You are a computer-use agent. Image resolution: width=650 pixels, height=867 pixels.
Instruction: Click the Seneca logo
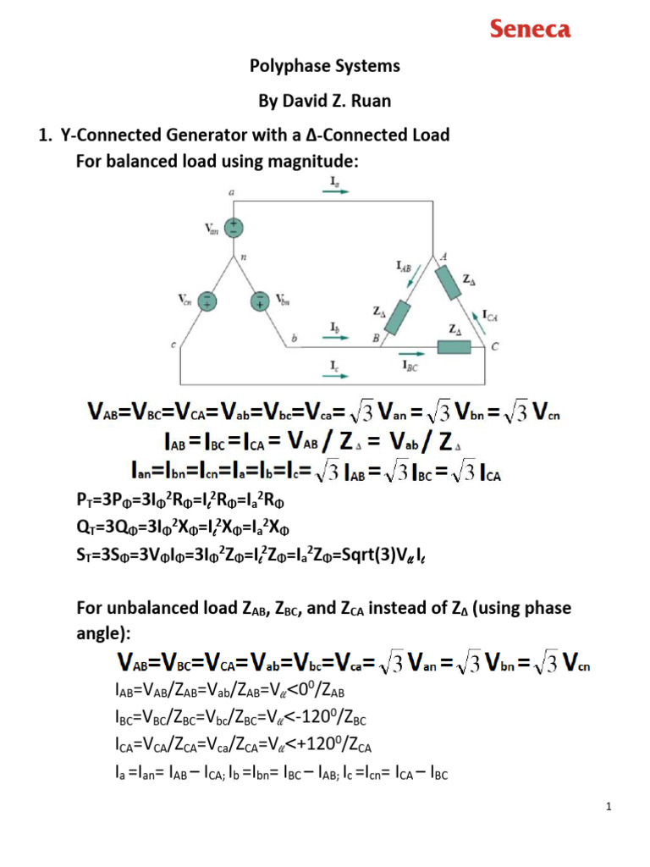tap(531, 30)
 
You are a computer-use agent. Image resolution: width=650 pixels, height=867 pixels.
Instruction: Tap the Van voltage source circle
tap(232, 228)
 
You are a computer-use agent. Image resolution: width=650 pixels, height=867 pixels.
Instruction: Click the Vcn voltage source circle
tap(208, 300)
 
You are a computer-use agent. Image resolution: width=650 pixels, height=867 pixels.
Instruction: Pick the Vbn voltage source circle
tap(259, 300)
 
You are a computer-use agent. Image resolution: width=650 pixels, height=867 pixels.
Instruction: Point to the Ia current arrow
tap(335, 191)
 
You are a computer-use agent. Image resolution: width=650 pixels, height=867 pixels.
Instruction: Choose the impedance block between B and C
tap(454, 346)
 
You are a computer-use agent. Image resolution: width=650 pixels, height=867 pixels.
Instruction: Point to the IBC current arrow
tap(413, 356)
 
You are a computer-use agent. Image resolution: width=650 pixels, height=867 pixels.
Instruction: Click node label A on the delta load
tap(444, 257)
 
